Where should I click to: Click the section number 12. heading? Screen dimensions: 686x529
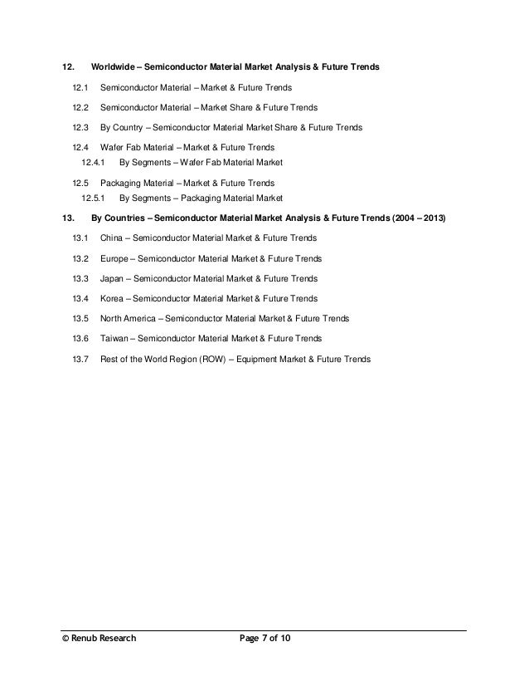[70, 66]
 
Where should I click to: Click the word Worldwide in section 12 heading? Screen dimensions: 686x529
[112, 66]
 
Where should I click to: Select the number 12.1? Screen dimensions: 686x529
[80, 86]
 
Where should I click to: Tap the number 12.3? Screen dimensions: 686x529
[80, 128]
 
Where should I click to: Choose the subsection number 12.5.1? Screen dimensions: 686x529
[94, 198]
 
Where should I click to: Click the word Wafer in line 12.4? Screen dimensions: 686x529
[112, 148]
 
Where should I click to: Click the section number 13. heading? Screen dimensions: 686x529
[69, 218]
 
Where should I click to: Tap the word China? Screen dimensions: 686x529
[111, 238]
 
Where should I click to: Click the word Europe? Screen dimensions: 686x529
[114, 258]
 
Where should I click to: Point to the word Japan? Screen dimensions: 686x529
[112, 278]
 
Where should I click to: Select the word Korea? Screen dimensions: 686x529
[112, 298]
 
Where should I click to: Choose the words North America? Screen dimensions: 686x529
[127, 319]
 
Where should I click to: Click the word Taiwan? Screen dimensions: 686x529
[114, 339]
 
